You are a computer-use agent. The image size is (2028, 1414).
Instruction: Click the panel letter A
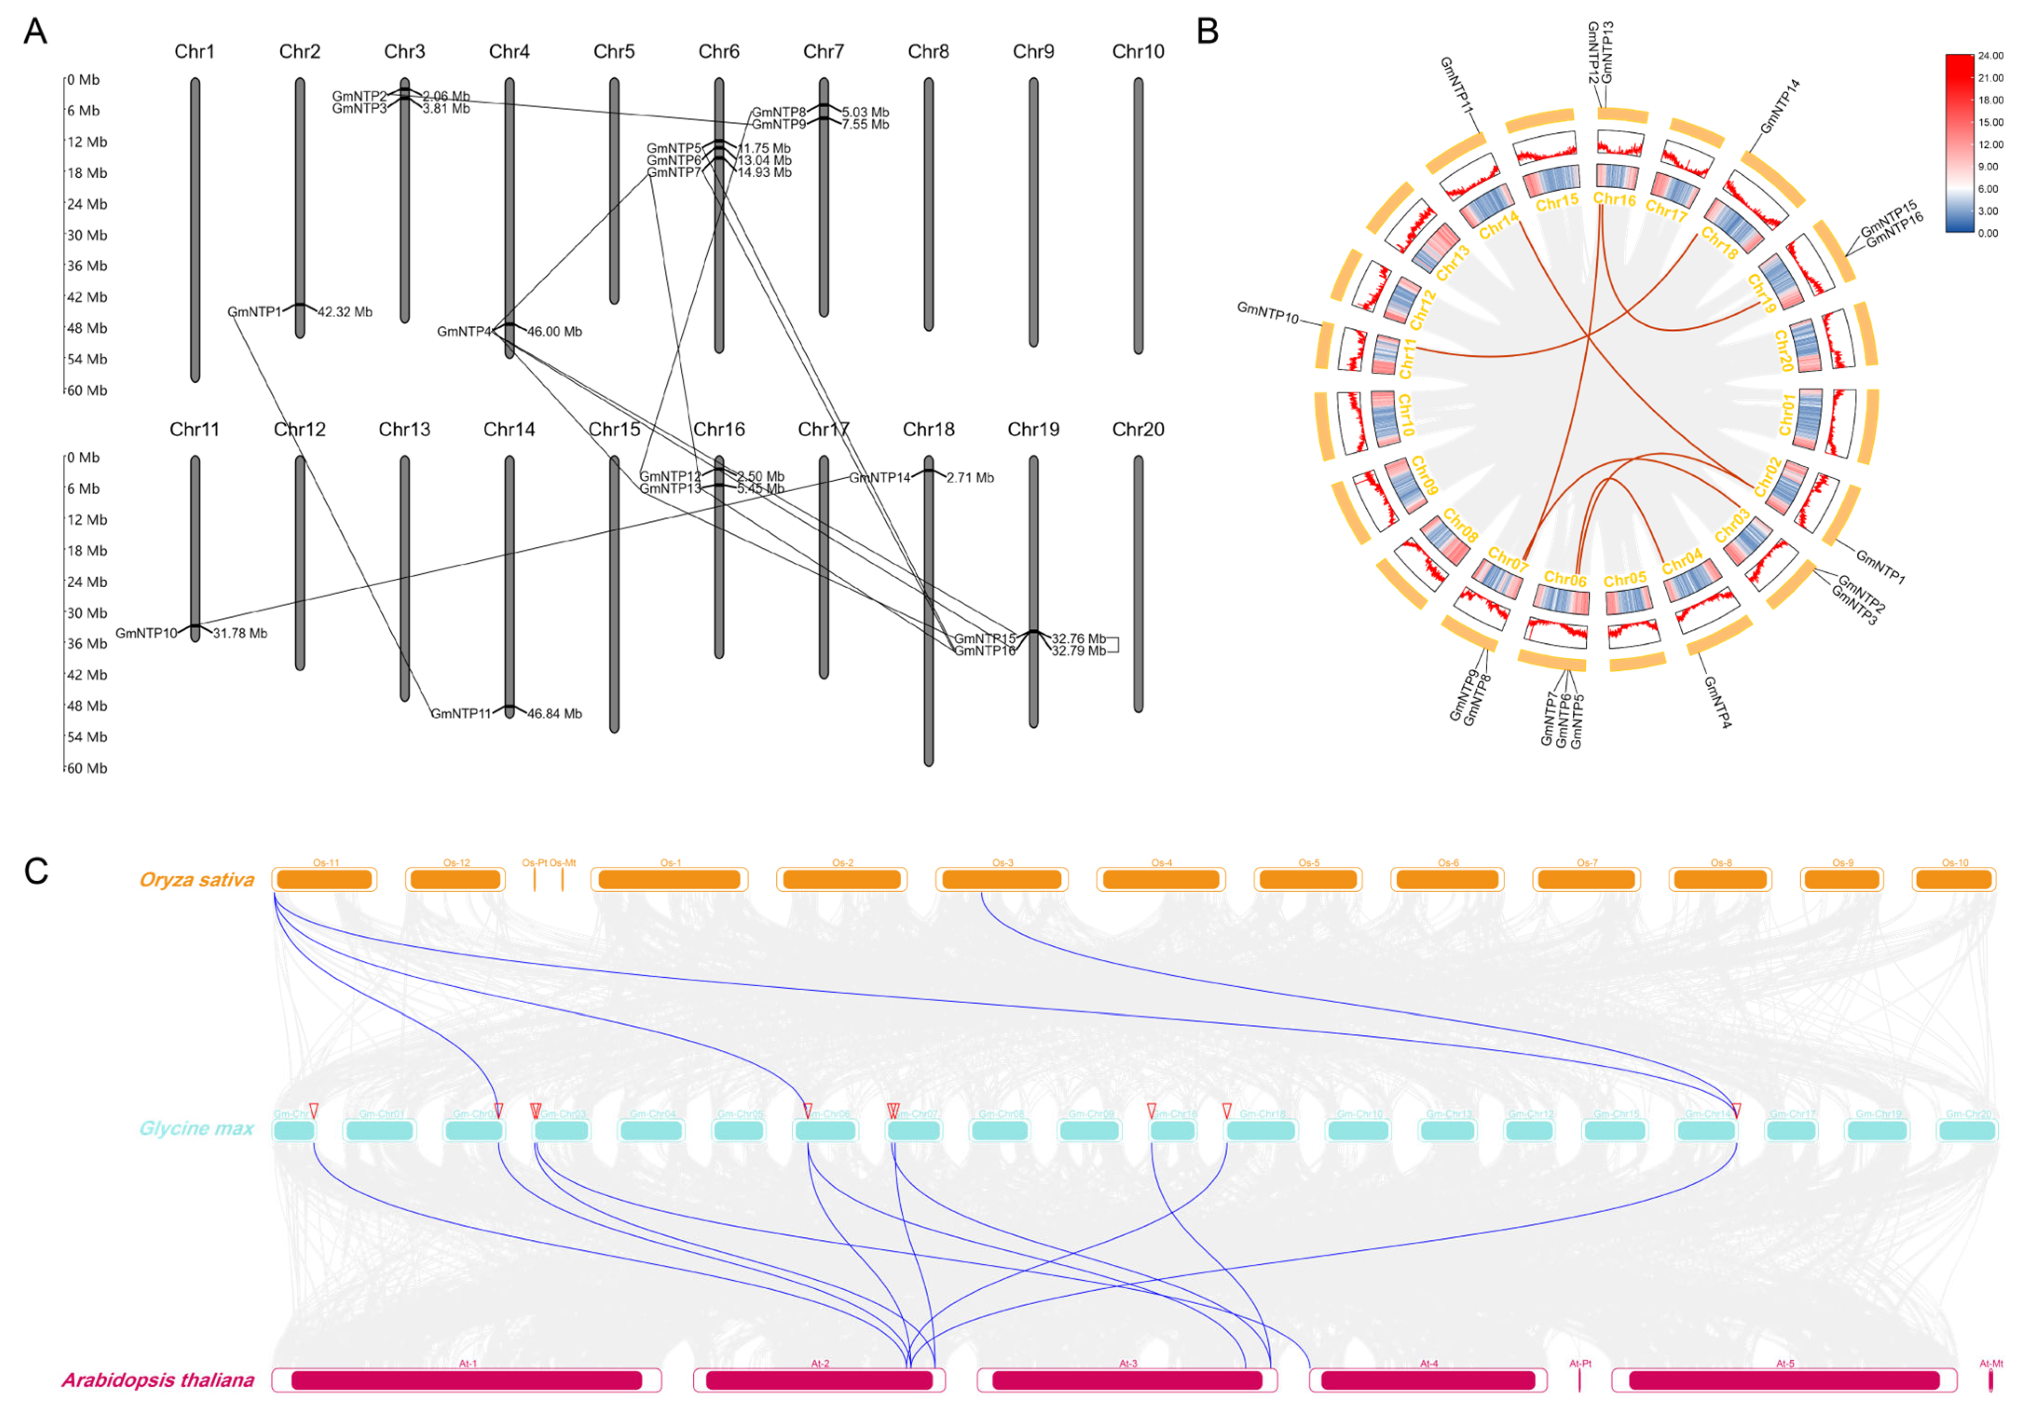point(35,32)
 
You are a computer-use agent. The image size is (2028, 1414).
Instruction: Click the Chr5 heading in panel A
point(614,51)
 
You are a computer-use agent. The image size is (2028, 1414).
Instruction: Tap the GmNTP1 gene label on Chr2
point(255,312)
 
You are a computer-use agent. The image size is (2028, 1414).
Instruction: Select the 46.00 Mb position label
point(555,332)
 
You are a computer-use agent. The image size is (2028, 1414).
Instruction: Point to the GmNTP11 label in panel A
point(460,713)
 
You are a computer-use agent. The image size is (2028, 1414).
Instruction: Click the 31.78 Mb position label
point(240,633)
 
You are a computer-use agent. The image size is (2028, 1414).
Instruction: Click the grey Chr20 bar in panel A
point(1139,583)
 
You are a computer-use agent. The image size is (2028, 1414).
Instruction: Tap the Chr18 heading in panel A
point(928,429)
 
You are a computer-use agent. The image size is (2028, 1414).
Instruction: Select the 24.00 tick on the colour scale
point(1990,55)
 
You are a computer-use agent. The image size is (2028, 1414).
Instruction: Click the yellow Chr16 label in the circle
point(1614,200)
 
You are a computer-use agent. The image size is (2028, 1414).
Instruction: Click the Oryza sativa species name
point(197,880)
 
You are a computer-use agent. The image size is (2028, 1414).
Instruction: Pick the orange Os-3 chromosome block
point(1002,880)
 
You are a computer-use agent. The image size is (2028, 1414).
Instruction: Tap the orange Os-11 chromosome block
point(324,880)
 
